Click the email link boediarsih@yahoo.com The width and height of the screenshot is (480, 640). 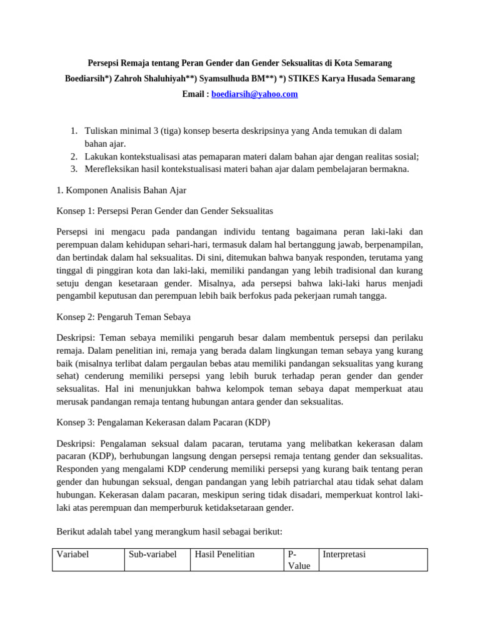(x=254, y=94)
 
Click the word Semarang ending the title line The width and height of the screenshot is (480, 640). (x=373, y=63)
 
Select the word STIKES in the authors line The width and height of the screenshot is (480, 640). (x=304, y=79)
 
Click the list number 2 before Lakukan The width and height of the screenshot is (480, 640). (x=73, y=156)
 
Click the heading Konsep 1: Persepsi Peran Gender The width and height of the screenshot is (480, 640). (x=164, y=211)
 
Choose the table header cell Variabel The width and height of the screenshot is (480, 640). (x=74, y=554)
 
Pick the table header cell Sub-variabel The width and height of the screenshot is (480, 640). (x=152, y=554)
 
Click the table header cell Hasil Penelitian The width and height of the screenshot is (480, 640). (x=224, y=554)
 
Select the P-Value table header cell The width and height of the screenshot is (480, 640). (x=299, y=559)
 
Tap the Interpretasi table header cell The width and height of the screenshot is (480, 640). (x=344, y=554)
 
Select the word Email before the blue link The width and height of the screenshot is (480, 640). (x=192, y=94)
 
